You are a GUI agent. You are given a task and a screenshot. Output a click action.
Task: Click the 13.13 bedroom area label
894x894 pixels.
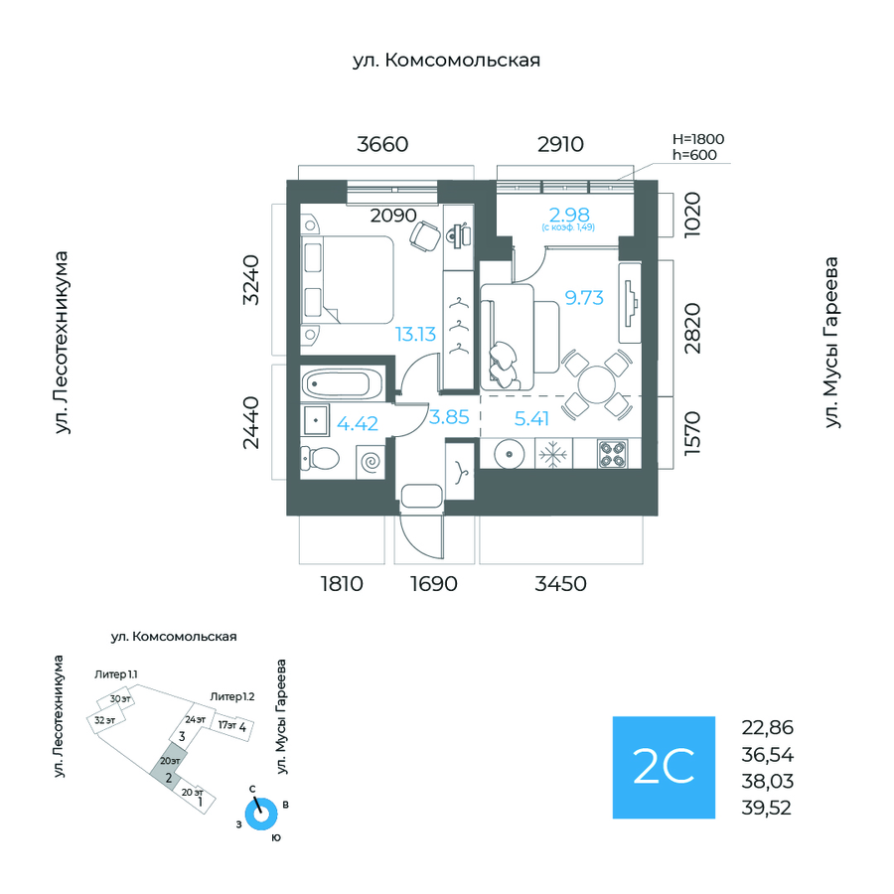pos(416,335)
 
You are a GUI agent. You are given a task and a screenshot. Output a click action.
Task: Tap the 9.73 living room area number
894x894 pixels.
pos(584,297)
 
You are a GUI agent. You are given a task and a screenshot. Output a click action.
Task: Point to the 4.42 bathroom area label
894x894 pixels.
pos(358,424)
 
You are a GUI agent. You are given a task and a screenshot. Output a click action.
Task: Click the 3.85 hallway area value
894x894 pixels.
pos(448,418)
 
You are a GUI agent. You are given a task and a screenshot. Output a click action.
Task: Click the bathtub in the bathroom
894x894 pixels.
pos(340,382)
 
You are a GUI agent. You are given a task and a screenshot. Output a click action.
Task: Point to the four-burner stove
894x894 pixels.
pos(612,454)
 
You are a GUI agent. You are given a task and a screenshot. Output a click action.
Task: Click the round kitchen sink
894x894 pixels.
pos(508,454)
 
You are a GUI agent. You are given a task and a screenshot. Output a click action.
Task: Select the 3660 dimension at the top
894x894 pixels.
pos(382,144)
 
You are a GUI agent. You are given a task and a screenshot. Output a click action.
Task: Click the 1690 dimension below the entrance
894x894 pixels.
pos(433,584)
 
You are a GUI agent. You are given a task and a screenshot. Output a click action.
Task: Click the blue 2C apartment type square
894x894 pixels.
pos(663,767)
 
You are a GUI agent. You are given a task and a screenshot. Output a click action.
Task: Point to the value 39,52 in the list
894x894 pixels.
pos(767,807)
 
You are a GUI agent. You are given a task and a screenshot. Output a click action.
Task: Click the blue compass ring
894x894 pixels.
pos(262,815)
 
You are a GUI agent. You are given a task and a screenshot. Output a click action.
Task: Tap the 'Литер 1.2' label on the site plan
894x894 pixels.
pos(232,696)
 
